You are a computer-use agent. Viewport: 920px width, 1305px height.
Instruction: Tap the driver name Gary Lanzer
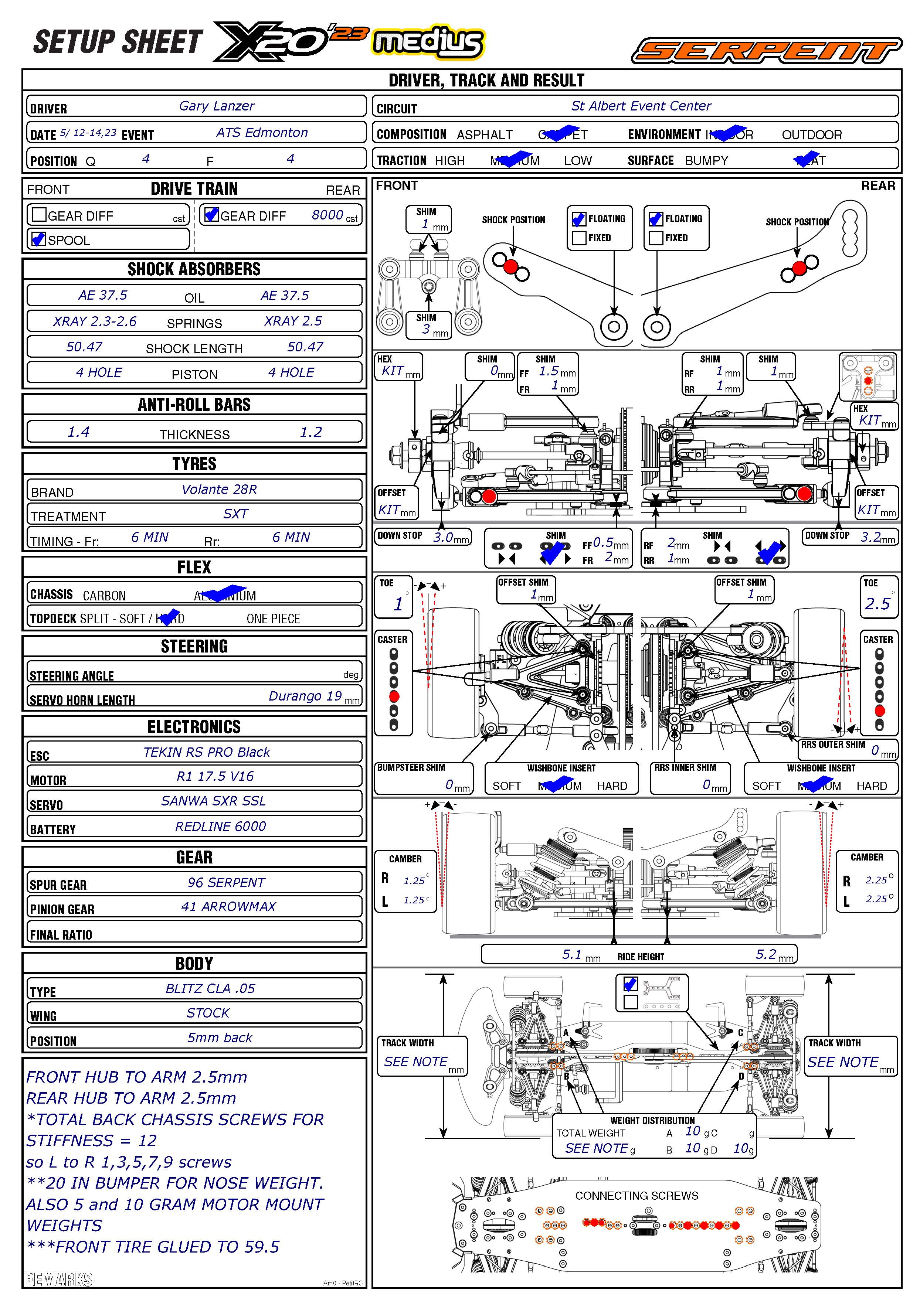(217, 106)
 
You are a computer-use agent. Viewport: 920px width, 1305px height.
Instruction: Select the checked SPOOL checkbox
(39, 239)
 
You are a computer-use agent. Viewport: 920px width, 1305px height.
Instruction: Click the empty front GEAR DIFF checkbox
(39, 215)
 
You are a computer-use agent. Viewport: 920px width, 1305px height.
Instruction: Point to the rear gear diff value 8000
(327, 215)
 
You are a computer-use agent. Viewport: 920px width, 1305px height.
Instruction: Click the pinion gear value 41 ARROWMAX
(228, 907)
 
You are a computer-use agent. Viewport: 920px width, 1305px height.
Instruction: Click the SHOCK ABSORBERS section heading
(194, 269)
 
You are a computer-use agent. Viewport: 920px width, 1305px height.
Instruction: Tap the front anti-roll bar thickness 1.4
(78, 432)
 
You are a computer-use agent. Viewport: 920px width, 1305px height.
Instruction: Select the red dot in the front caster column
(394, 696)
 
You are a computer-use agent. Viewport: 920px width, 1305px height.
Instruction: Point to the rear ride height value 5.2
(766, 954)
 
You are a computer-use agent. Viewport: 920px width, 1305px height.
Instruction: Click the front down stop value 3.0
(442, 537)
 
